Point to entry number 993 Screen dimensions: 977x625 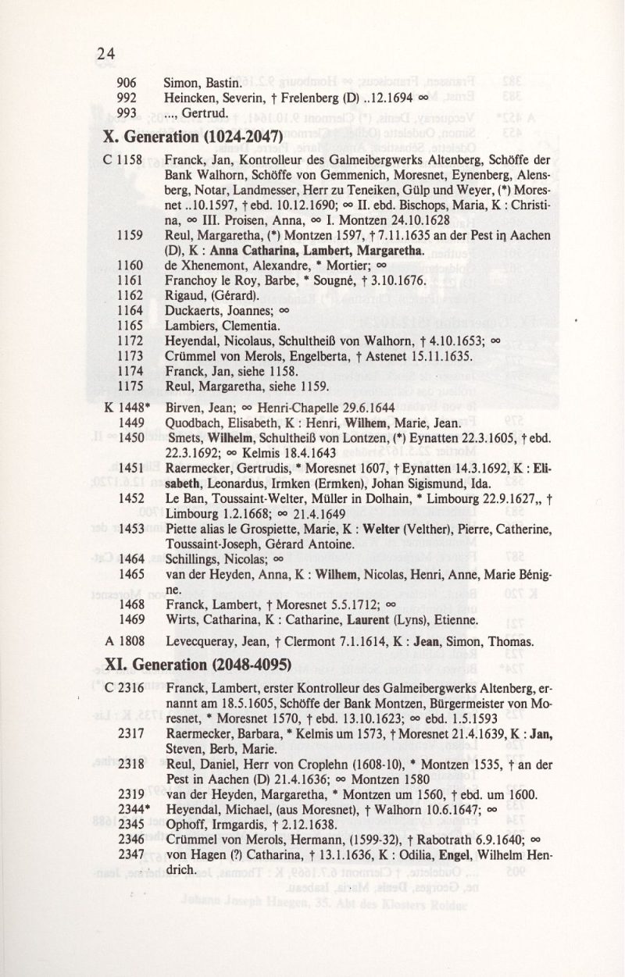click(127, 113)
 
